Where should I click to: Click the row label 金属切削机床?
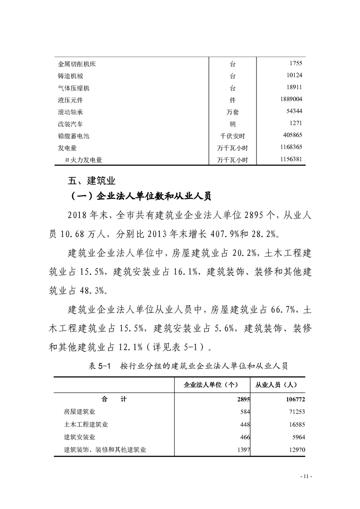tap(77, 64)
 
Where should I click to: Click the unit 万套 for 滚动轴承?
tap(232, 112)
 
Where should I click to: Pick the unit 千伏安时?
tap(232, 136)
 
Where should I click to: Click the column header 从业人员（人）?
tap(276, 385)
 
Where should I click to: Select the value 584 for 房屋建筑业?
tap(246, 412)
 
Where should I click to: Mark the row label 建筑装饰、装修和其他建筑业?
tap(105, 450)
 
